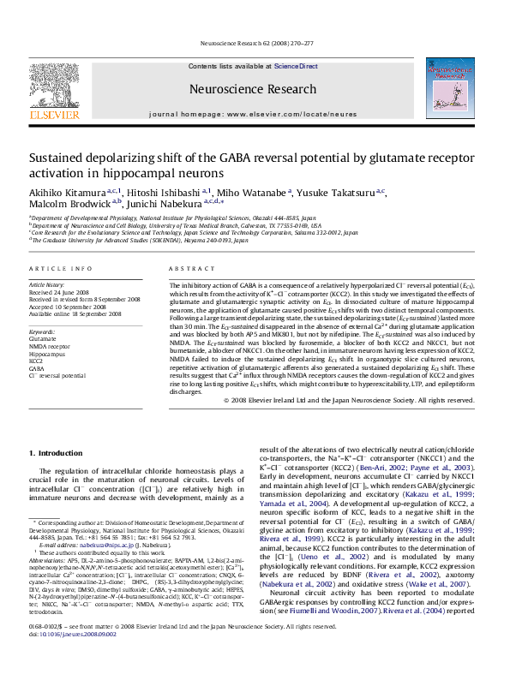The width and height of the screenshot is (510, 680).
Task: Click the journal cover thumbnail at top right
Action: (450, 88)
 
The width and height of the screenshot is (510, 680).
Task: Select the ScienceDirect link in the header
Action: (296, 66)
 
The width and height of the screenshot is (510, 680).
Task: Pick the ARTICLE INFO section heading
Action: (57, 269)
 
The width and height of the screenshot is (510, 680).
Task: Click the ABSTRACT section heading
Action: (188, 269)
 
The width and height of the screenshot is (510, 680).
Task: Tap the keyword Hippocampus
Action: (45, 353)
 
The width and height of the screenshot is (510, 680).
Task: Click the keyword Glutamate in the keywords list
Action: (42, 338)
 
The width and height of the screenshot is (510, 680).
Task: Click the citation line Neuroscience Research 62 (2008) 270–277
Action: (255, 40)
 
